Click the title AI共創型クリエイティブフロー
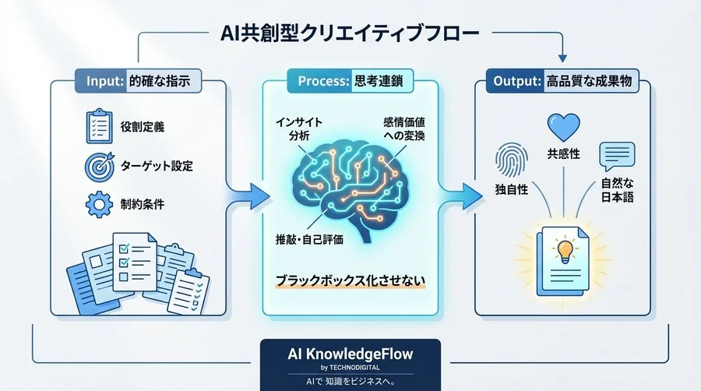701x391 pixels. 351,36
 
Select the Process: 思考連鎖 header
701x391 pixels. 351,79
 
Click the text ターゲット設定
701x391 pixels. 157,165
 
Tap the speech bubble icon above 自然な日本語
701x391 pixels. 613,156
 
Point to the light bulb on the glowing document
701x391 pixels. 562,252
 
